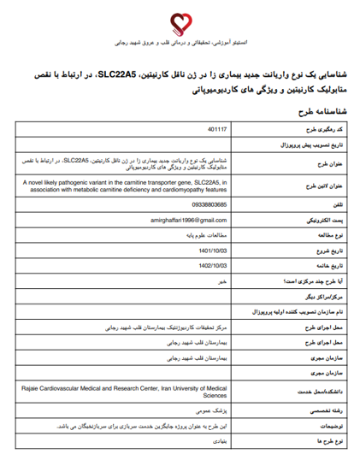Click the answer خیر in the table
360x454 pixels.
coord(221,280)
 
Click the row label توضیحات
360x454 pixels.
coord(328,424)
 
